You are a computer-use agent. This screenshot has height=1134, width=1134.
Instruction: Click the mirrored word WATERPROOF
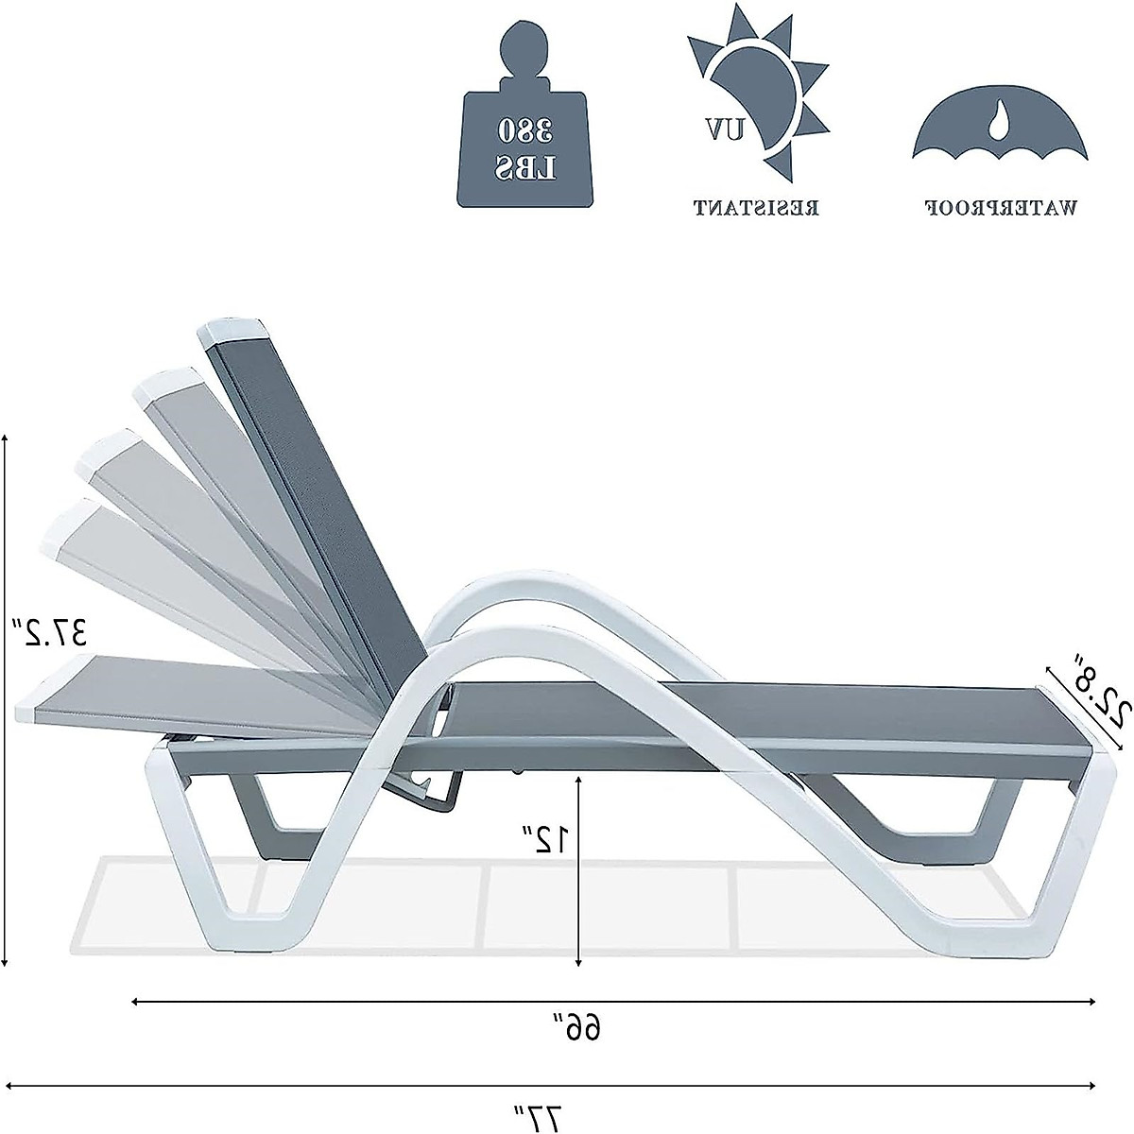(999, 207)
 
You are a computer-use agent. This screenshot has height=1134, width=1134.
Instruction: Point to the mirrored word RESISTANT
(756, 207)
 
